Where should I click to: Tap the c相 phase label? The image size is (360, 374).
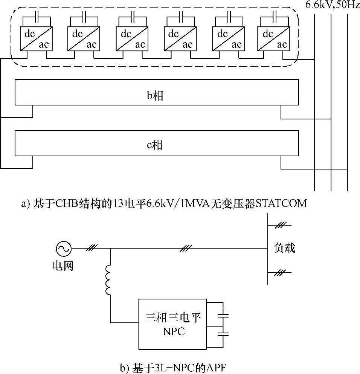(x=155, y=145)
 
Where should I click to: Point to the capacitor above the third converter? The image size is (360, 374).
(x=133, y=17)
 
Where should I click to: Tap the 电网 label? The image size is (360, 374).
(x=63, y=266)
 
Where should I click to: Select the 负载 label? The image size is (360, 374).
(x=285, y=248)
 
